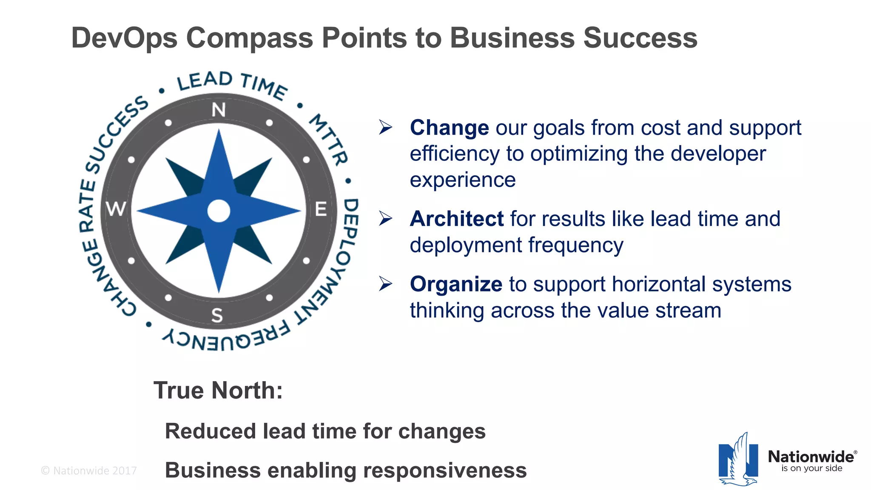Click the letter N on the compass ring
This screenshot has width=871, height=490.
[x=219, y=110]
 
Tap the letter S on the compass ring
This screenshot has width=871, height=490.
[x=217, y=315]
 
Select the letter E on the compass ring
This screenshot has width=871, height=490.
[x=321, y=209]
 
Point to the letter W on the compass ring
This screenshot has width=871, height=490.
[x=116, y=209]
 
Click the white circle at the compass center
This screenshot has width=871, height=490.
[x=219, y=211]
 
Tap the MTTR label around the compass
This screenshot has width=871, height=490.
[x=329, y=139]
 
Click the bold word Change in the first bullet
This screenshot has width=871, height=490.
[x=449, y=128]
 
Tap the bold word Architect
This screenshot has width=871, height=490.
[x=457, y=219]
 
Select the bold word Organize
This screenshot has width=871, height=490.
[x=456, y=284]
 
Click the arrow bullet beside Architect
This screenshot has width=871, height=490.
[x=385, y=219]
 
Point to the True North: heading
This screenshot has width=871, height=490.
[x=218, y=390]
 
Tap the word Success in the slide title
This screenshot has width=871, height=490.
[x=640, y=38]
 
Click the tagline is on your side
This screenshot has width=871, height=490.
[x=811, y=468]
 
